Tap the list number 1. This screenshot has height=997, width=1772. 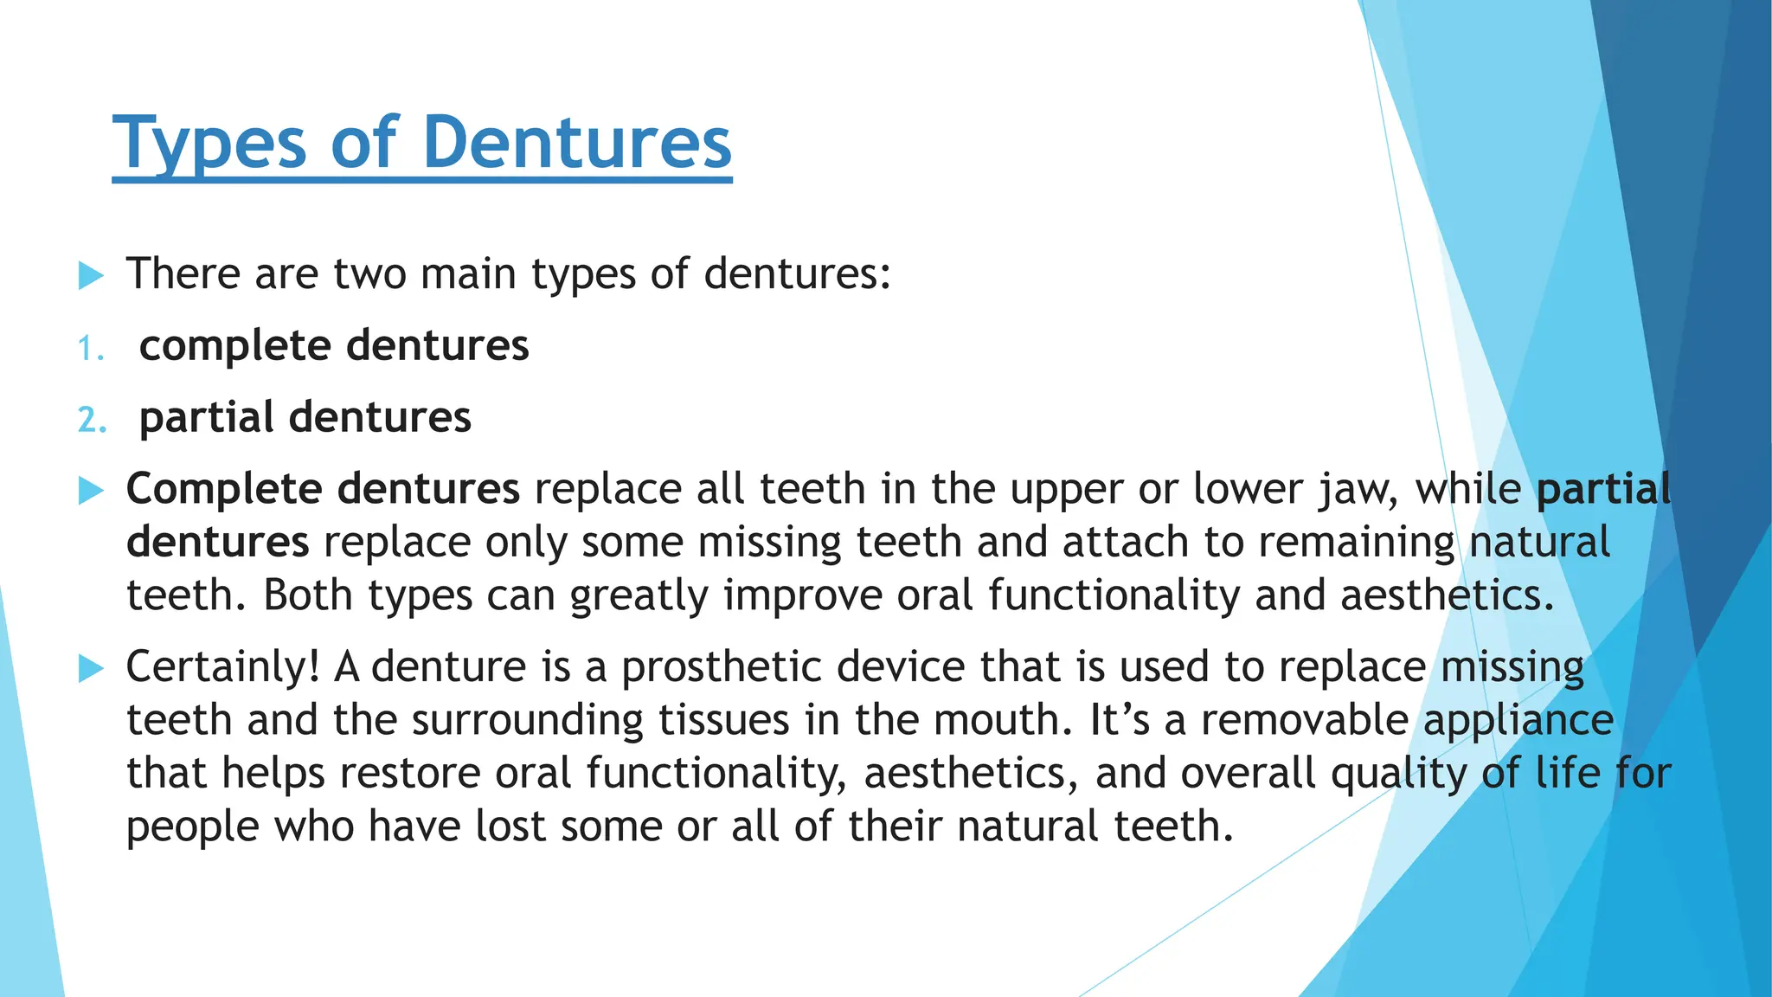pos(89,349)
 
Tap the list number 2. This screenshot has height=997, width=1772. pos(92,420)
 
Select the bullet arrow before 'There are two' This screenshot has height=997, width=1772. pos(91,276)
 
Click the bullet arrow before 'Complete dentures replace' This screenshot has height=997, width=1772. pos(91,491)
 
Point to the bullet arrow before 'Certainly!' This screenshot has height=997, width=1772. pos(91,668)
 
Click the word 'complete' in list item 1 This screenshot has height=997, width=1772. pos(235,346)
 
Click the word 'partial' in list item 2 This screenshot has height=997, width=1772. pos(207,417)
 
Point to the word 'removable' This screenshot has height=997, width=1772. pos(1305,720)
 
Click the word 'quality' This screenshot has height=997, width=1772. pos(1398,774)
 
